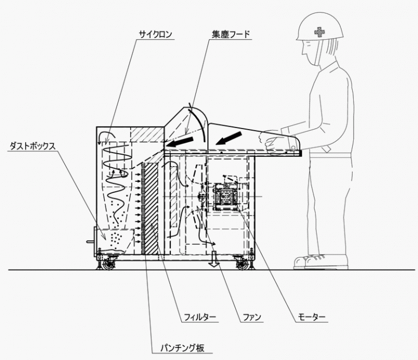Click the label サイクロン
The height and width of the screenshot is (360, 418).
pos(156,34)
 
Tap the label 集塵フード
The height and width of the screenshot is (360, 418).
pos(231,34)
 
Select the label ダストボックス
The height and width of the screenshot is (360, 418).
pos(33,146)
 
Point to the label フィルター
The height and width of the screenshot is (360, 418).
pos(200,318)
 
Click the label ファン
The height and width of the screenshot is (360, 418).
pos(251,318)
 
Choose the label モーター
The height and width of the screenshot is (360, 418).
pos(312,318)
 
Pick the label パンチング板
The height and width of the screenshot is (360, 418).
pos(182,348)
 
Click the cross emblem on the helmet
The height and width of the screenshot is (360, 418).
pos(319,32)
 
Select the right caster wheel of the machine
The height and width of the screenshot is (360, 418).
pos(242,264)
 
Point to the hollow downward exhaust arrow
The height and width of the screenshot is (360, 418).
pos(214,259)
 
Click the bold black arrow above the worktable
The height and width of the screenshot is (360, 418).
pos(229,138)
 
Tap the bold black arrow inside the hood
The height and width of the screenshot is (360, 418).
pos(180,142)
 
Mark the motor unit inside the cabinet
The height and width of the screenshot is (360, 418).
pos(225,197)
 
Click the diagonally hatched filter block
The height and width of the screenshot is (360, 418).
pos(151,208)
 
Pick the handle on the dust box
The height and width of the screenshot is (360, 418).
pos(91,242)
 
